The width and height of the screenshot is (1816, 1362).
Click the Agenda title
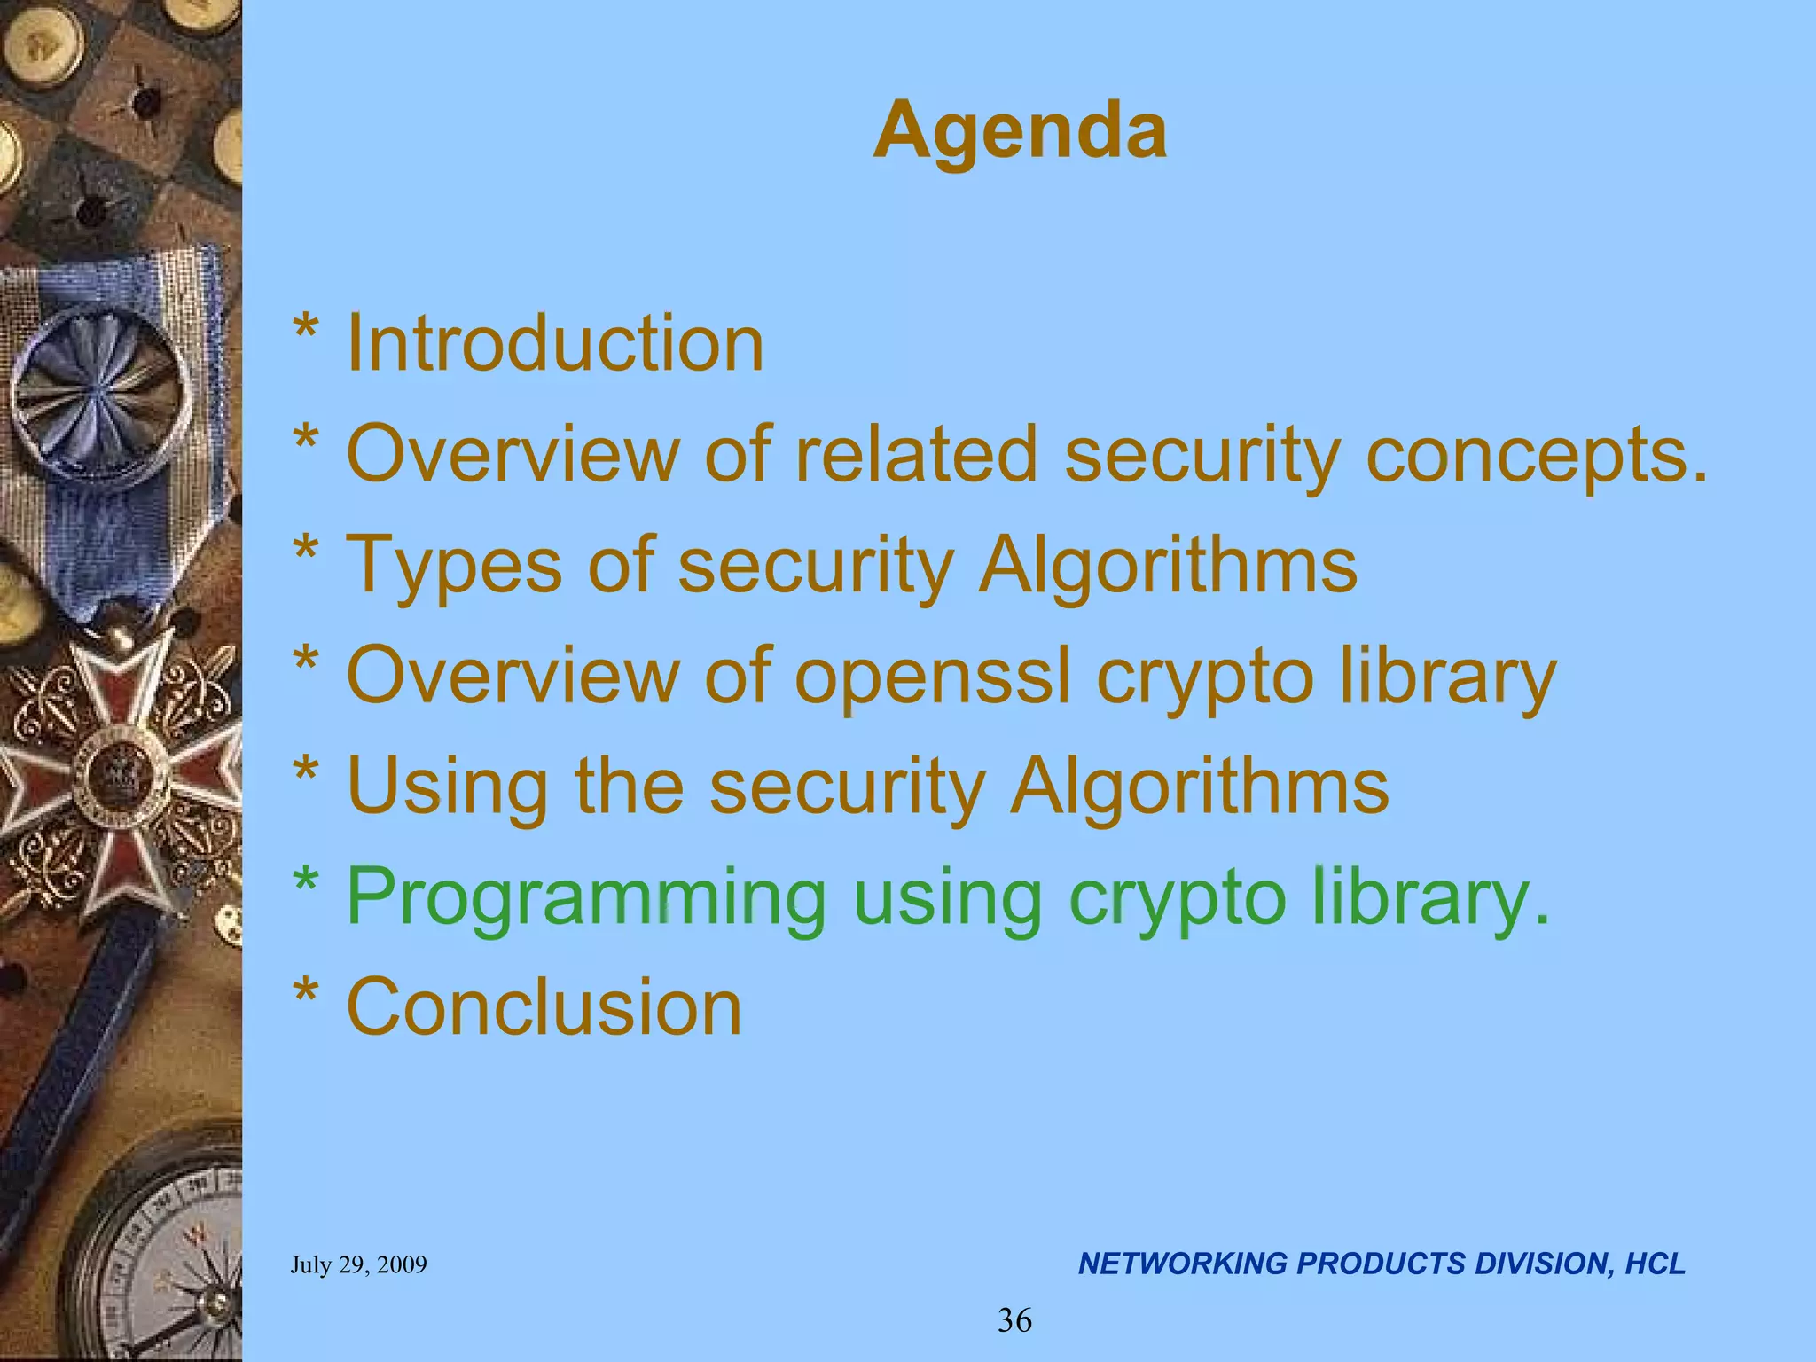(1020, 131)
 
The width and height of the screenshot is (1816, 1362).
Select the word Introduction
(554, 343)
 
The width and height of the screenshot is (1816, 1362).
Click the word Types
(453, 565)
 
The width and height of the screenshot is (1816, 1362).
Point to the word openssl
(932, 677)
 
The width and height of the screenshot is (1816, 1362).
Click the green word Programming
(585, 898)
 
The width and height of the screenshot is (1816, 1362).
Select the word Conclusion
(544, 1007)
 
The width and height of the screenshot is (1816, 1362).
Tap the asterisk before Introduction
(306, 333)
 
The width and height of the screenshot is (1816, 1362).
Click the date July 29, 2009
(358, 1264)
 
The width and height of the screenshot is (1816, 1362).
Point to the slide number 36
(1014, 1320)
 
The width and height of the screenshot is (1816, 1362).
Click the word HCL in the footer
(1655, 1264)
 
